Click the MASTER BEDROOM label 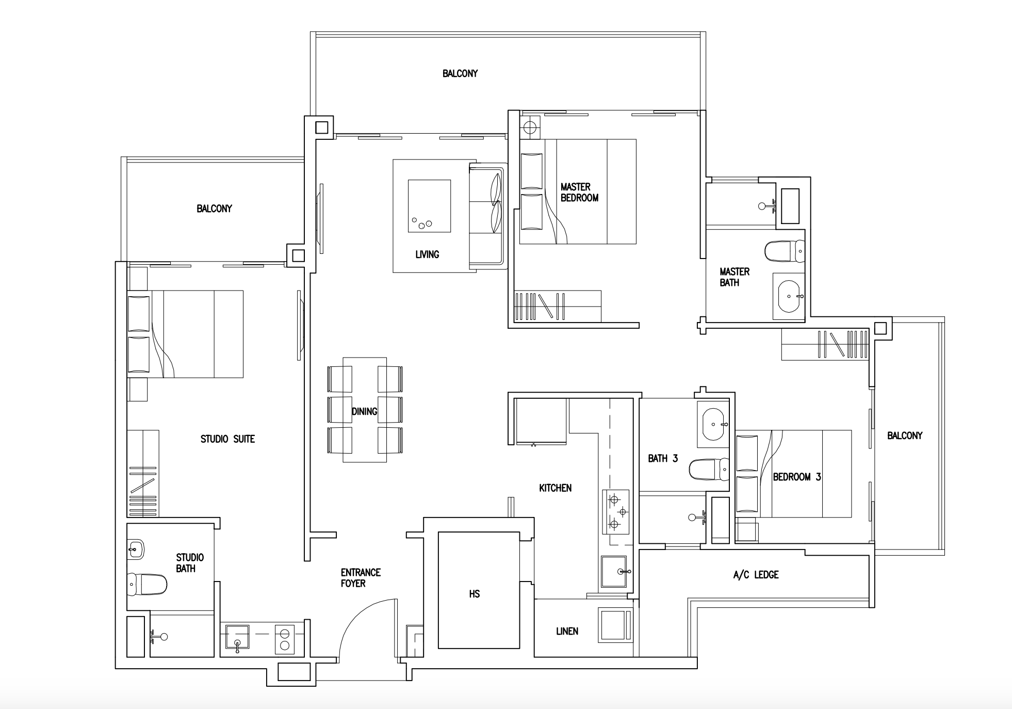pos(579,192)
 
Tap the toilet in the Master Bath pos(784,251)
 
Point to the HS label pos(474,594)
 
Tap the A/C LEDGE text pos(756,575)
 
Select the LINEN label pos(567,631)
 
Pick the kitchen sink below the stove pos(614,571)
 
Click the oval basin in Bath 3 pos(713,424)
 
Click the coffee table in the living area pos(429,206)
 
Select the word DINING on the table pos(364,411)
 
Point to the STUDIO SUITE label pos(227,439)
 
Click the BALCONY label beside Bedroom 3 pos(905,436)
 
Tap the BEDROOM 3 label pos(796,477)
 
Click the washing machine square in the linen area pos(614,624)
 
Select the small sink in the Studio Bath pos(136,549)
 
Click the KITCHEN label pos(555,488)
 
